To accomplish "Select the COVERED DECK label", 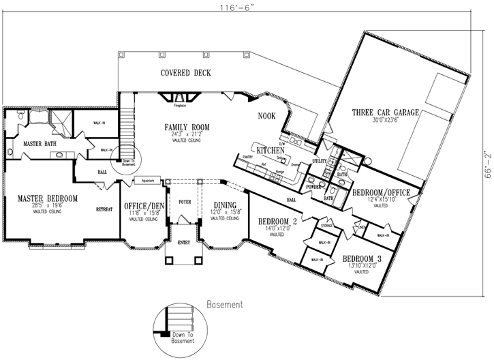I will coord(185,73).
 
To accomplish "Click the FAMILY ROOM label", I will coord(186,127).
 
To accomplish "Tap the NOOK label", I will coord(266,116).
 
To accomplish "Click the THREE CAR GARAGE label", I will coord(384,112).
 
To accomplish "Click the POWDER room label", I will coord(313,185).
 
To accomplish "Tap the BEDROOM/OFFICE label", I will coord(381,193).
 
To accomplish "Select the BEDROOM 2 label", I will coord(276,221).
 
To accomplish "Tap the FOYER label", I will coord(185,201).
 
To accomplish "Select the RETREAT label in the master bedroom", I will coord(104,209).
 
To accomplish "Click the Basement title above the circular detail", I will coord(224,304).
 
